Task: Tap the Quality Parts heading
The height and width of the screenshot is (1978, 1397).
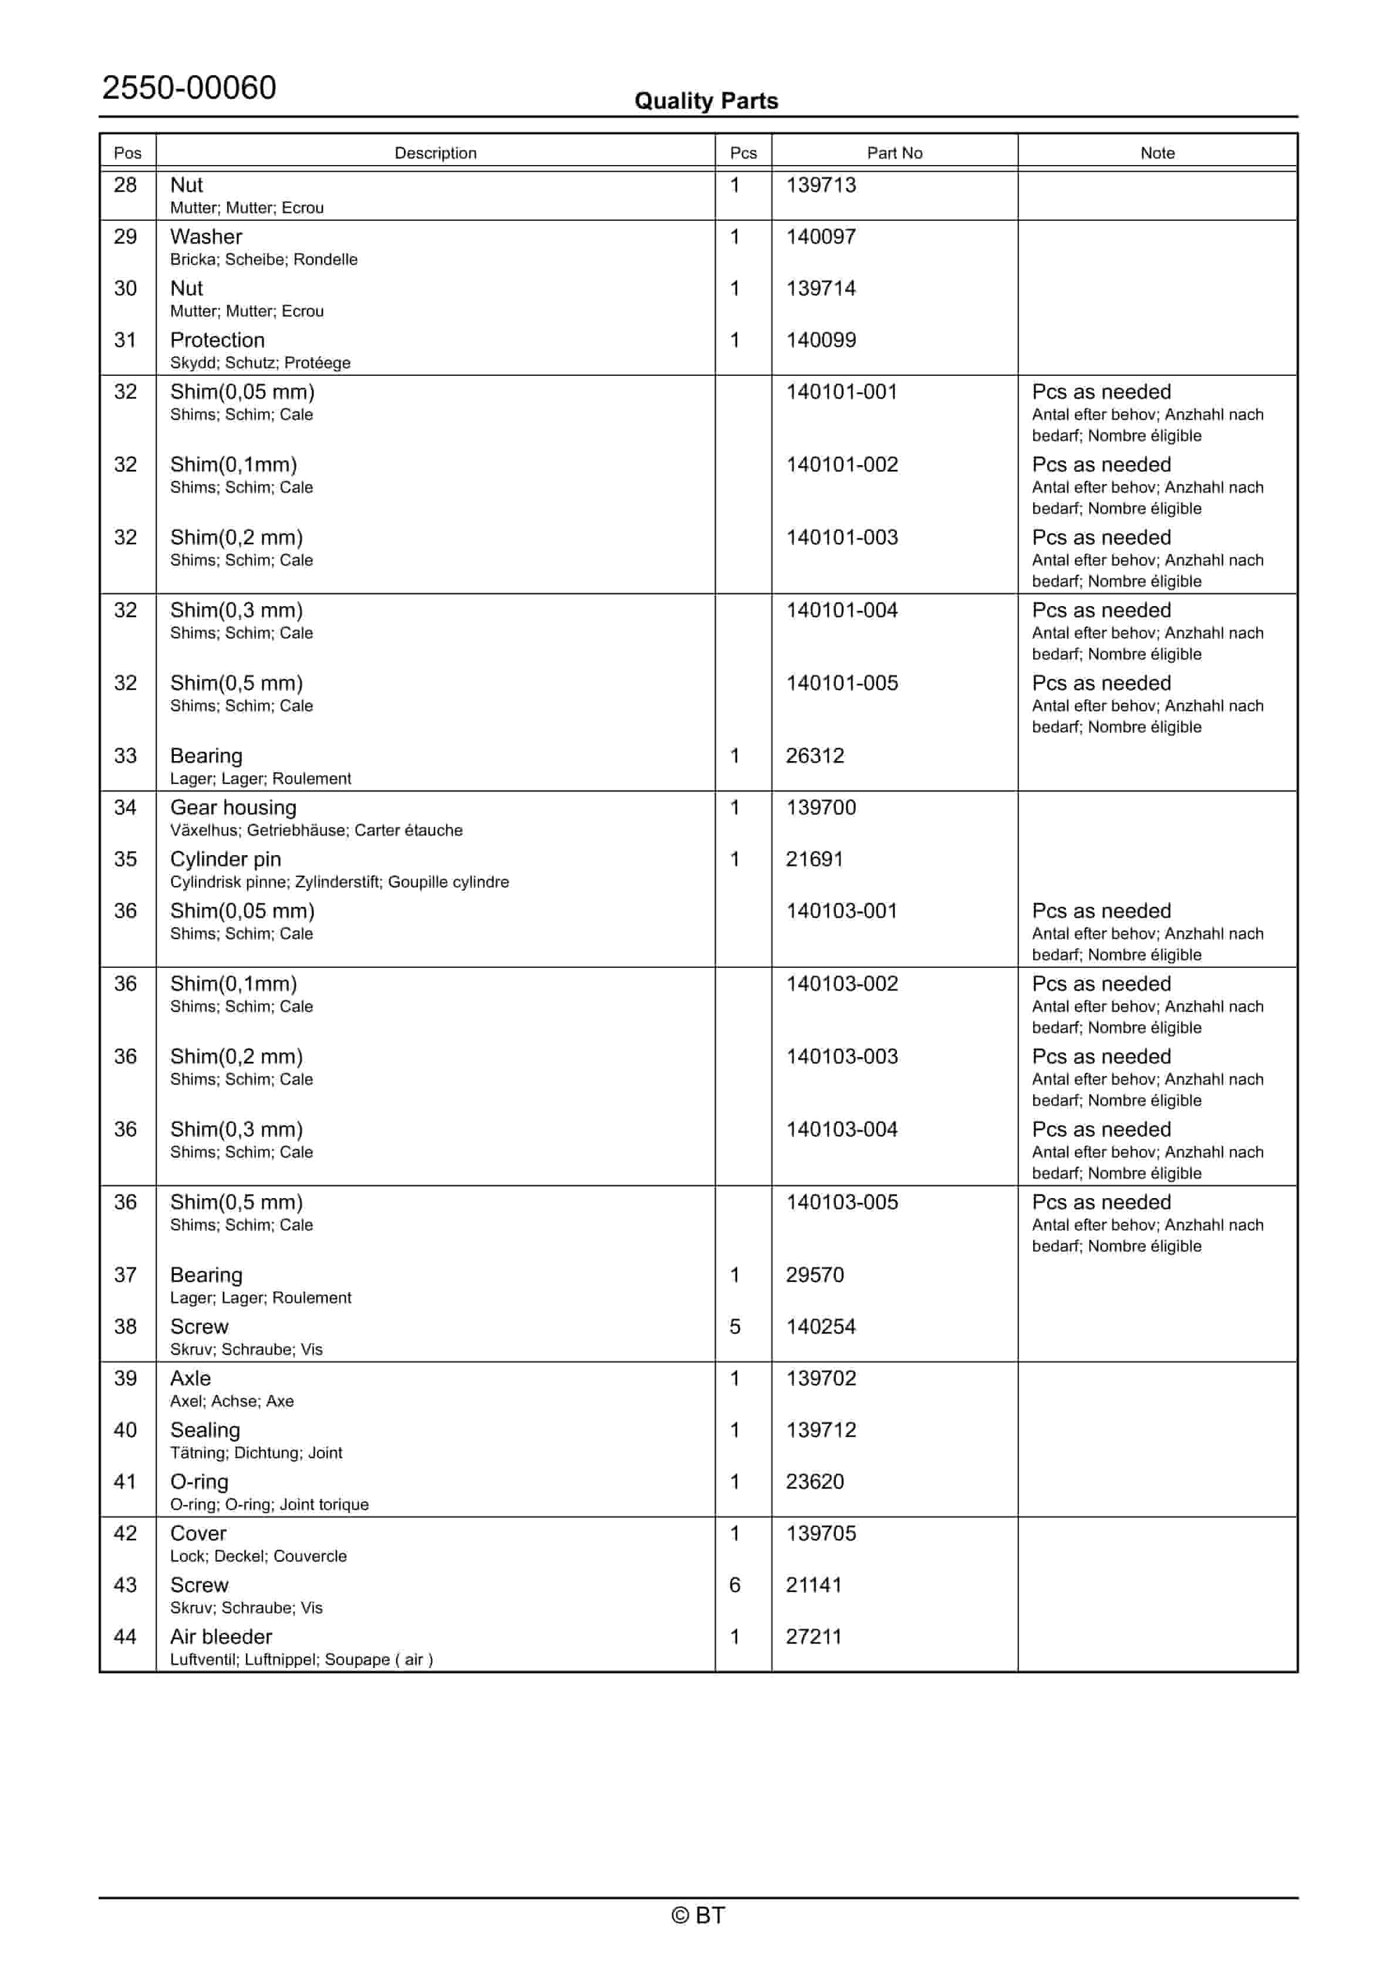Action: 706,101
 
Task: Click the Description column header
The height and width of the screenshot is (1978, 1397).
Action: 435,153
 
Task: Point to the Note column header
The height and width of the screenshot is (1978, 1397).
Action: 1157,153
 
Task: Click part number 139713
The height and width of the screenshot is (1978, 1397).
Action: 821,185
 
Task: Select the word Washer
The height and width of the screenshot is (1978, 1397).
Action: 206,237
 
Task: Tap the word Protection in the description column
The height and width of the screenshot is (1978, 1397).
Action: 217,340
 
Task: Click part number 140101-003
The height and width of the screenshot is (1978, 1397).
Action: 842,537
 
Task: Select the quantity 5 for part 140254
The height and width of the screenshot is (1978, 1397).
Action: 735,1327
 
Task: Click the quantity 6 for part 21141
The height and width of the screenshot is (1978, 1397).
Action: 735,1585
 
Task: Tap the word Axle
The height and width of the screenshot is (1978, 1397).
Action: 190,1378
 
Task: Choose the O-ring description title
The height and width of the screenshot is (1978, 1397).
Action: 199,1482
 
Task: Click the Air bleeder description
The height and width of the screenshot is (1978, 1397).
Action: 221,1637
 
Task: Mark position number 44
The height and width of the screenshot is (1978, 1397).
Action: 125,1637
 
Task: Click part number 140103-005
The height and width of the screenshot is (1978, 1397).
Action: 842,1203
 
